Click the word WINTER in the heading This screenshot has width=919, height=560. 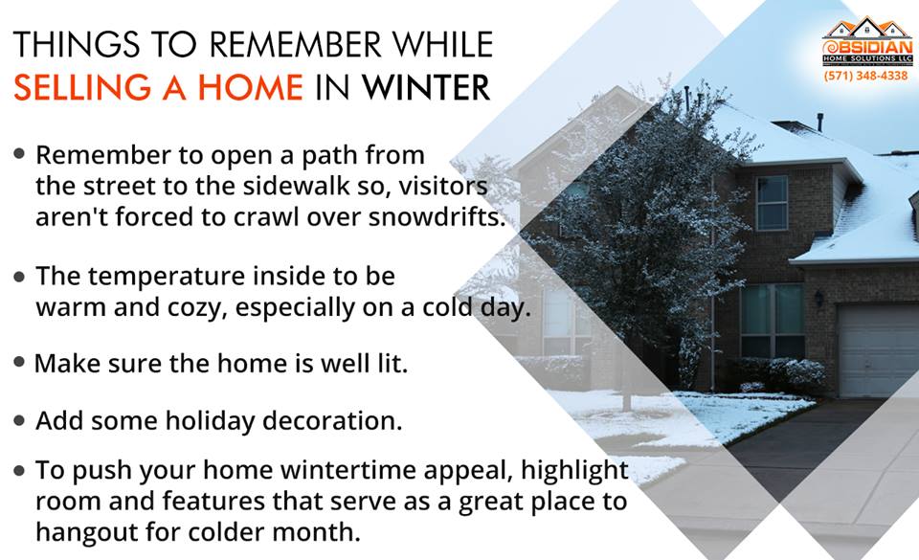[x=426, y=88]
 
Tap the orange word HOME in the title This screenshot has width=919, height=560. [x=250, y=88]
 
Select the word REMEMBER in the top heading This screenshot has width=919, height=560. [x=296, y=45]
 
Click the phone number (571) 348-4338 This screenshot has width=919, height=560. [x=865, y=76]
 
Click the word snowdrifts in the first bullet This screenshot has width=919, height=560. [x=437, y=216]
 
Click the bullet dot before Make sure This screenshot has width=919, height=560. [x=19, y=362]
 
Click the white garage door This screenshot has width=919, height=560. [x=878, y=350]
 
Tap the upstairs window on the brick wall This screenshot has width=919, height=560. [x=772, y=203]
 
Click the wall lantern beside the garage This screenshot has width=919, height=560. [x=818, y=298]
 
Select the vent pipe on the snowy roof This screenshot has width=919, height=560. [x=820, y=123]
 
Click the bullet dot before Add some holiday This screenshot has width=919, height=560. [x=19, y=420]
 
